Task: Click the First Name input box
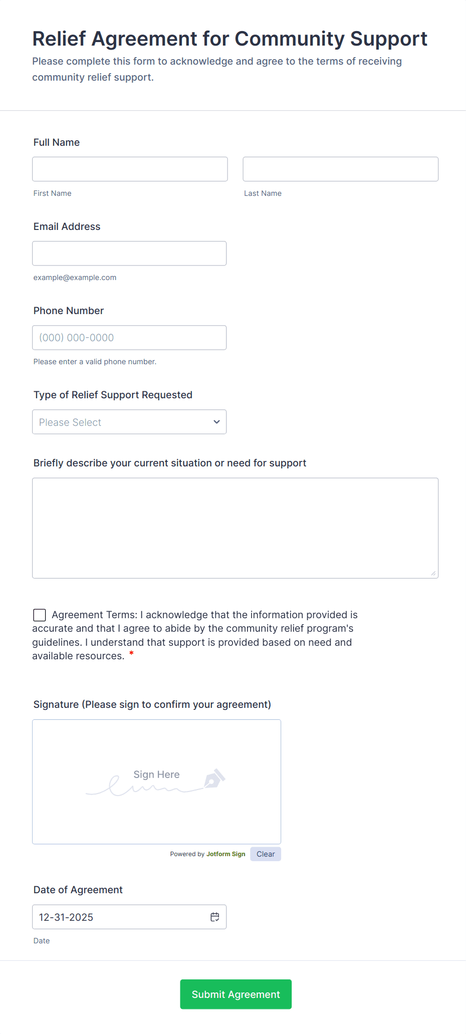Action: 130,169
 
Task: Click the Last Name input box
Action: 340,169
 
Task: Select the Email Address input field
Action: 129,253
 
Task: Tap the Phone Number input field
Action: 129,338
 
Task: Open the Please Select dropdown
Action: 120,422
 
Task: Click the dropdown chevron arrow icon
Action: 216,422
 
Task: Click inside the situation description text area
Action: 235,528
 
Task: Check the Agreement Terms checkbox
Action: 40,615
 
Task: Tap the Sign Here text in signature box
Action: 156,774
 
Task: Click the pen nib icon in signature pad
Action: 214,779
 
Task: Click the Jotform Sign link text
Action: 225,854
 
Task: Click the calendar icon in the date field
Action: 215,917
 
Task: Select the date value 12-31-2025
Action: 66,917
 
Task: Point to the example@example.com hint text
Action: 75,278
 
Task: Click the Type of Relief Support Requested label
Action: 113,395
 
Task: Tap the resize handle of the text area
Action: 433,574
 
